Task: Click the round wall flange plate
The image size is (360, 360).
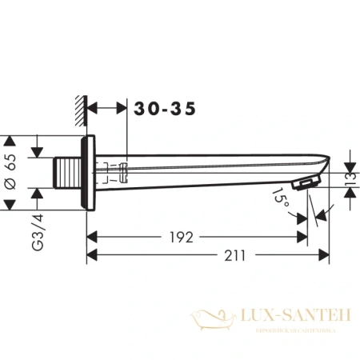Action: pos(91,172)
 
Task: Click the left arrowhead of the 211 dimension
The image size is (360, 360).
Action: pos(90,255)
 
